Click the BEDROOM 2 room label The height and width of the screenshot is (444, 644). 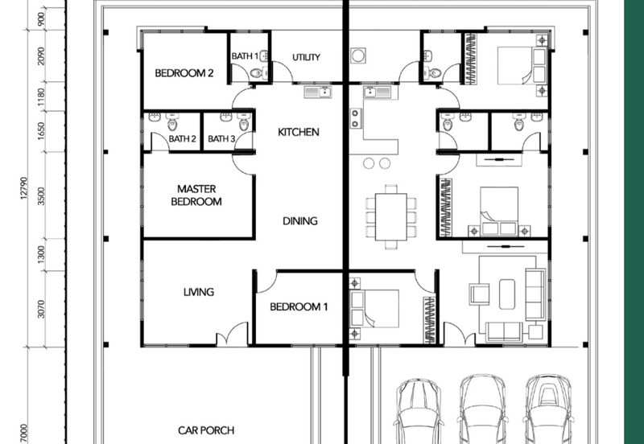click(x=184, y=73)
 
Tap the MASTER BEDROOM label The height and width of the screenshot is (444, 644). click(x=196, y=195)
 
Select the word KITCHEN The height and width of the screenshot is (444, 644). click(x=299, y=132)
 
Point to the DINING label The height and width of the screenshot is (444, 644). click(x=300, y=220)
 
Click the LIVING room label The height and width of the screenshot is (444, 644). click(x=199, y=292)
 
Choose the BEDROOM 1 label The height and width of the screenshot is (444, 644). click(x=299, y=306)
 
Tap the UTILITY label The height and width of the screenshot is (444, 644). click(x=306, y=57)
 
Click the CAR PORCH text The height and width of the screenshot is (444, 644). click(x=206, y=430)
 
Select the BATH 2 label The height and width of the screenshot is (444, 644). click(x=183, y=138)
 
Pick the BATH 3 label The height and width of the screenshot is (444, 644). click(x=222, y=138)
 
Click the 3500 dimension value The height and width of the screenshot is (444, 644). click(x=41, y=196)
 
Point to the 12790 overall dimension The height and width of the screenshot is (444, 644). click(x=24, y=188)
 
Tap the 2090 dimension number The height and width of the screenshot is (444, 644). click(x=41, y=55)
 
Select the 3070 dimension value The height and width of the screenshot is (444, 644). click(x=41, y=309)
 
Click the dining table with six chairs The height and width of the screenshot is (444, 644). click(x=391, y=216)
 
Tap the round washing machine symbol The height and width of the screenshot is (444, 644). click(x=358, y=55)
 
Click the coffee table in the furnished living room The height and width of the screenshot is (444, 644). click(x=507, y=294)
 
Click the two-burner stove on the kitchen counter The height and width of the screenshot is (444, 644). click(x=356, y=118)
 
